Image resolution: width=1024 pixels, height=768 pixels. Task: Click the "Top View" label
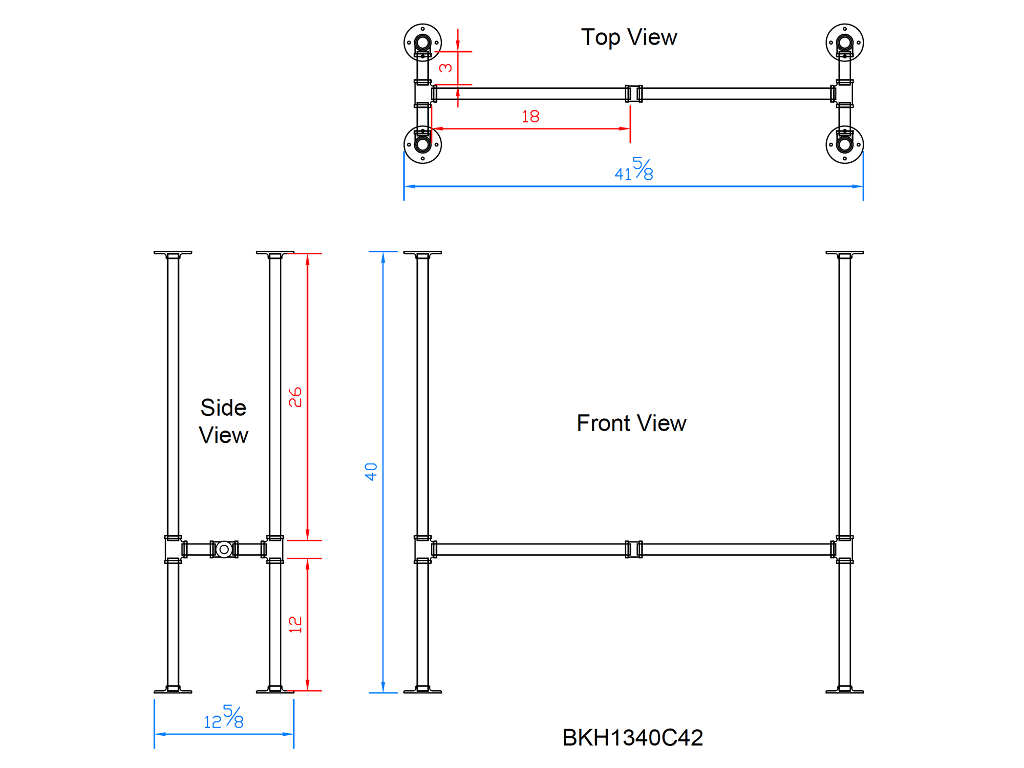tap(629, 37)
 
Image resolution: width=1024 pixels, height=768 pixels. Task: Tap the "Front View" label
tap(631, 423)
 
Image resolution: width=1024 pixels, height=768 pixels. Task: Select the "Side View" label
tap(223, 421)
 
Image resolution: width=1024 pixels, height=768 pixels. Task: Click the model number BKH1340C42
tap(632, 738)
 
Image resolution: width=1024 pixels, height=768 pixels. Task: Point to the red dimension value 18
tap(530, 117)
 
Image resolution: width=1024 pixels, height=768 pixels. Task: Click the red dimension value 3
tap(445, 68)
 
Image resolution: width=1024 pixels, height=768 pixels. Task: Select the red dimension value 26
tap(295, 397)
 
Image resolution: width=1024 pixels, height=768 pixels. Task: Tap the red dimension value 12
tap(295, 625)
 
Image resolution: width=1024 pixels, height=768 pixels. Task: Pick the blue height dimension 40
tap(371, 472)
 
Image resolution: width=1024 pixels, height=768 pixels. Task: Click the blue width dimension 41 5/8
tap(634, 169)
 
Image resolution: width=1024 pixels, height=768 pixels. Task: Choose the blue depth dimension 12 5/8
tap(224, 717)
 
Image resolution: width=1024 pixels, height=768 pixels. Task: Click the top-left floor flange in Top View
tap(422, 42)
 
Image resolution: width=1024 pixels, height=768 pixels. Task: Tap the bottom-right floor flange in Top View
tap(845, 145)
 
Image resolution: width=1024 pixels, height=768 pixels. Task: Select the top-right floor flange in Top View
tap(845, 42)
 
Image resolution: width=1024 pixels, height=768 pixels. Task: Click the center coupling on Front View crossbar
tap(634, 549)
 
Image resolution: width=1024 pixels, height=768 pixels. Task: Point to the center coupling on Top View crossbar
tap(634, 94)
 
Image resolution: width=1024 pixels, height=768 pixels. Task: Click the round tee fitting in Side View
tap(224, 549)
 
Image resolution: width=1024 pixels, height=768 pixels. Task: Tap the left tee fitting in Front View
tap(423, 549)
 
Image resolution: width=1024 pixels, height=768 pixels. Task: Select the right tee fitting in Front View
tap(844, 549)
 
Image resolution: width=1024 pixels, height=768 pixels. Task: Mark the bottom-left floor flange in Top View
tap(422, 145)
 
